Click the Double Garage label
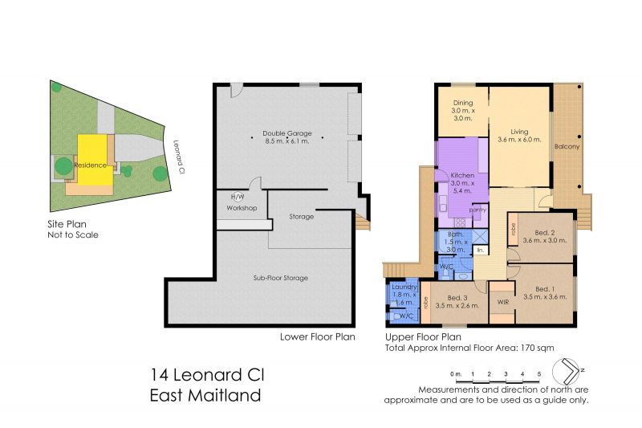287,133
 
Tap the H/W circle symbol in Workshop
237,197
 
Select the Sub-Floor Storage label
280,278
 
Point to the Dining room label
463,103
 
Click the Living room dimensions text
519,139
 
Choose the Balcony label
567,146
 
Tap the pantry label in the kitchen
477,210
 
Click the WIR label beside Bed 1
503,302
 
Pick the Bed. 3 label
457,298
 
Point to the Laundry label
404,287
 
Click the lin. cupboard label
480,250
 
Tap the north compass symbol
567,372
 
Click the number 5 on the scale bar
539,374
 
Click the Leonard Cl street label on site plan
177,157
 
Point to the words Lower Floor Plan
317,336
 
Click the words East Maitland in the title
205,395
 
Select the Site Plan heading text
67,224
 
